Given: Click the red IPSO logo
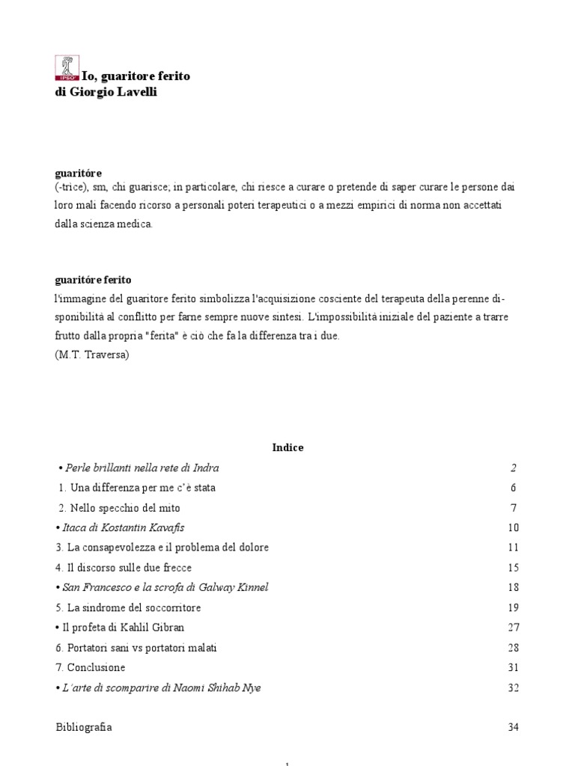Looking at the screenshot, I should click(67, 68).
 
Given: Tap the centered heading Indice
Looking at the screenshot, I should click(287, 447).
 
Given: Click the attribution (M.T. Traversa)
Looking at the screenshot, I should click(92, 355).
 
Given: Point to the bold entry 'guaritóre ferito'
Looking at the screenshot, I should click(94, 280).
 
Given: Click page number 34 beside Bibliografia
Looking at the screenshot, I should click(512, 727).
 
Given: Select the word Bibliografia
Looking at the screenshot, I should click(84, 727).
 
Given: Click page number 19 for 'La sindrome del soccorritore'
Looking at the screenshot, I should click(513, 607).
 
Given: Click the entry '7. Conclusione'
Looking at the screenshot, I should click(91, 667).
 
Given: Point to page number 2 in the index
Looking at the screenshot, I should click(514, 468).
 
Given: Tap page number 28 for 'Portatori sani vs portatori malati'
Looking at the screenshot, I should click(513, 648).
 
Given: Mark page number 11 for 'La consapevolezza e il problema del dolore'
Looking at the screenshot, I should click(513, 548).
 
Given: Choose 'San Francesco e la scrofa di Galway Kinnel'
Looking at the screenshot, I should click(162, 587).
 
